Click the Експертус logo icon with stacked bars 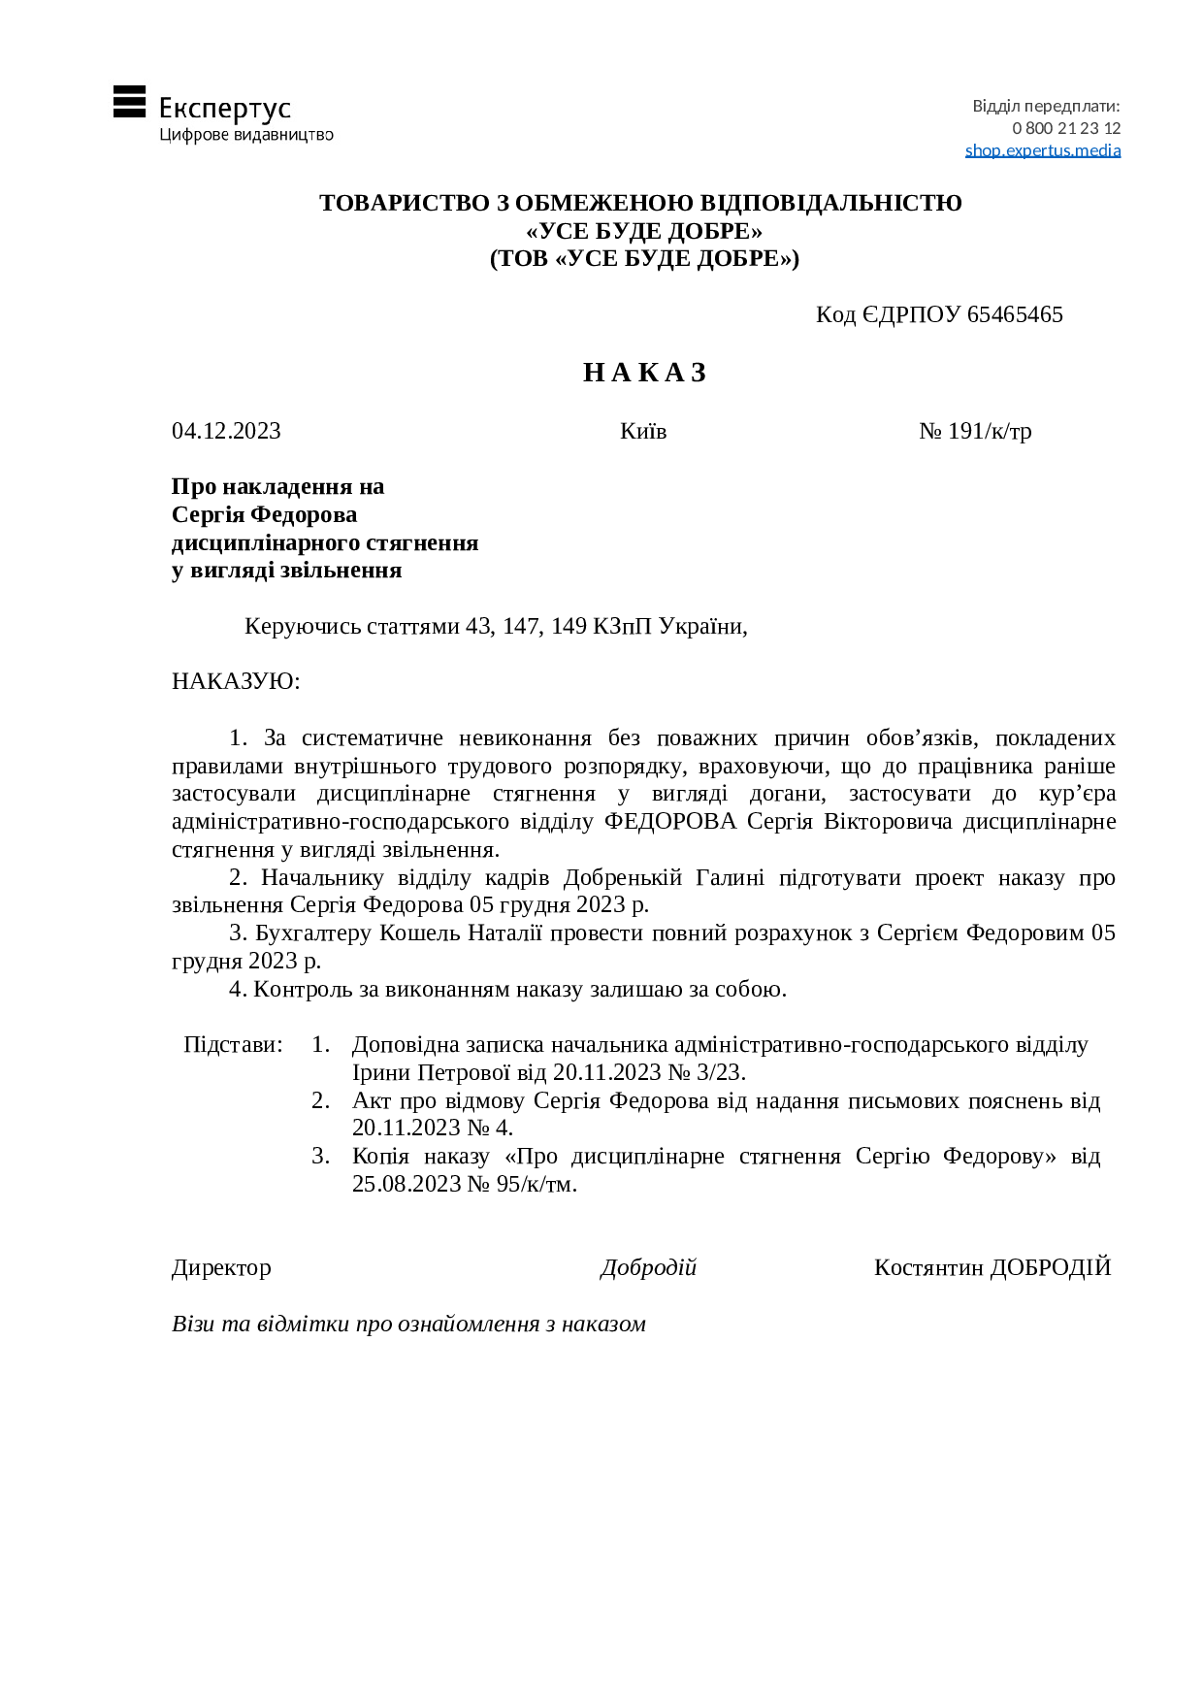coord(129,102)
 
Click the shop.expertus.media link coord(1042,150)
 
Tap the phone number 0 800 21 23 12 coord(1065,128)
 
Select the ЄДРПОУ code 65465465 coord(1015,314)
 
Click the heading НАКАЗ coord(644,373)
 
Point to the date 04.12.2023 coord(226,431)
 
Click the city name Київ coord(643,431)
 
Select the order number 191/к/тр coord(989,431)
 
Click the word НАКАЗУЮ coord(236,681)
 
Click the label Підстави coord(233,1045)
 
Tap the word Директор coord(221,1268)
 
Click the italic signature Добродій coord(648,1268)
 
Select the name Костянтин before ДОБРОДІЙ coord(928,1268)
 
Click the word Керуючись coord(304,627)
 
